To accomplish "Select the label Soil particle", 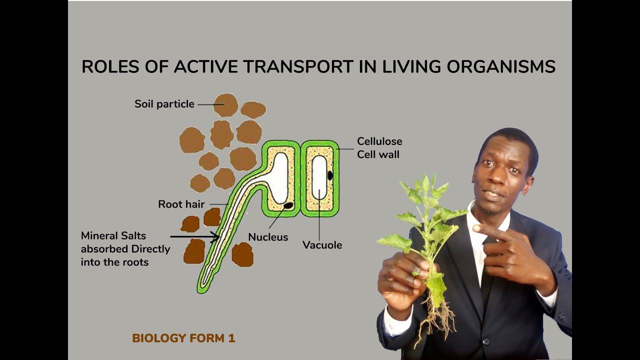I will pos(164,104).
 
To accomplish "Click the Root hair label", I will pos(181,204).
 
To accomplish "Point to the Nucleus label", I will pos(268,237).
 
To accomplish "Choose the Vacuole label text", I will pos(322,245).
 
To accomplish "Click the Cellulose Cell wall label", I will pos(379,148).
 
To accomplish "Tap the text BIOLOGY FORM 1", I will pos(183,338).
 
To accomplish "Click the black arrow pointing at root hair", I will pos(194,236).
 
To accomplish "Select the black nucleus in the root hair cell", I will pos(288,205).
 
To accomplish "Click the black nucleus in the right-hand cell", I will pos(330,175).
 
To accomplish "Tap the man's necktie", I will pos(487,270).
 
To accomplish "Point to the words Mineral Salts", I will pos(113,235).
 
